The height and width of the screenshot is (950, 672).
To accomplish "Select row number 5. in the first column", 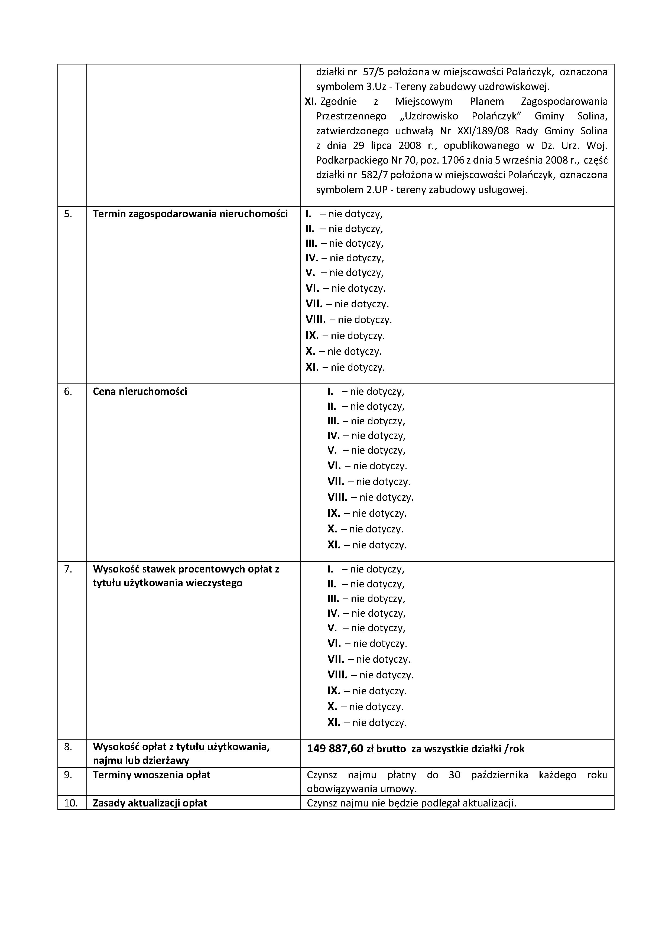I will (x=68, y=214).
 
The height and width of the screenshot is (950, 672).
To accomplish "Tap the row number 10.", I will (x=71, y=803).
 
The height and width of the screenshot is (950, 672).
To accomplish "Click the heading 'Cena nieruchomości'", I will (x=140, y=391).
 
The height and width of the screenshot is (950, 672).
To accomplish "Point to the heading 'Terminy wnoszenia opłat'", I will (x=151, y=775).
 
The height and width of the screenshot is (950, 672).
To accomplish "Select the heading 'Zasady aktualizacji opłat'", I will (x=150, y=803).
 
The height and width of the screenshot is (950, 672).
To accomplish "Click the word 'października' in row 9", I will (x=499, y=775).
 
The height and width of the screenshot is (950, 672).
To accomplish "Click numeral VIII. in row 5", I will (x=315, y=320).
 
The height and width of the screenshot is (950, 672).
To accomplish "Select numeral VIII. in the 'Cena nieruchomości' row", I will (x=337, y=497).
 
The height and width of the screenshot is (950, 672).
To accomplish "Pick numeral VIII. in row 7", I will (x=337, y=675).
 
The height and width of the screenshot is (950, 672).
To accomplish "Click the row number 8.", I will (x=68, y=747).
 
